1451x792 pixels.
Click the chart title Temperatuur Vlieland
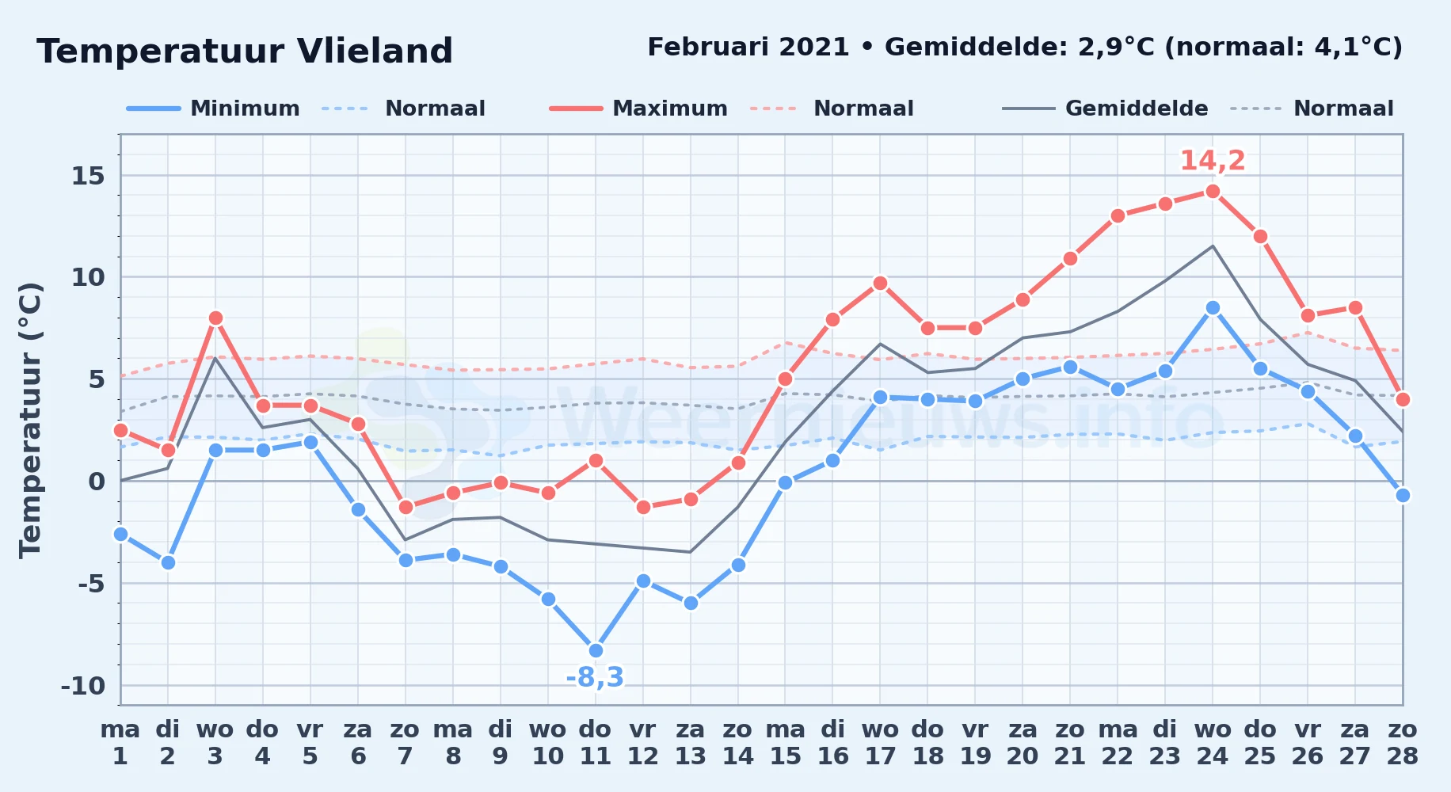(245, 51)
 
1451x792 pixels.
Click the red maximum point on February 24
(1213, 191)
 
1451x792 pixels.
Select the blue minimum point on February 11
(596, 651)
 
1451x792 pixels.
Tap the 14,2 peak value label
(1213, 161)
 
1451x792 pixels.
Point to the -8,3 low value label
(595, 677)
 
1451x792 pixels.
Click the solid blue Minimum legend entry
(213, 109)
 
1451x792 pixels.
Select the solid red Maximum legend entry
(638, 109)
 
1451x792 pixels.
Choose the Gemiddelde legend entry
(1105, 109)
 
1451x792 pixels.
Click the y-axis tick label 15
(88, 176)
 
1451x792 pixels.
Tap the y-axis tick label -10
(83, 686)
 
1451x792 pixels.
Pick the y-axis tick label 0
(97, 482)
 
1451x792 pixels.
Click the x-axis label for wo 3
(215, 743)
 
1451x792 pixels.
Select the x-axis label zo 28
(1403, 743)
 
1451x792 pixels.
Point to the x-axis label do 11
(596, 743)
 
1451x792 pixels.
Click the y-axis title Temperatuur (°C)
(30, 420)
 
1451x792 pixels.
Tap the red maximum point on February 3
(215, 318)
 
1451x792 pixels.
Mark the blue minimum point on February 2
(168, 562)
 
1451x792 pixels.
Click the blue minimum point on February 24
(1213, 307)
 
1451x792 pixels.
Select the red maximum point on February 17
(880, 283)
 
